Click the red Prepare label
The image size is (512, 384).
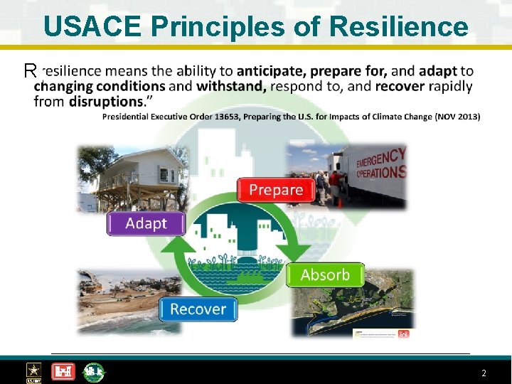point(276,190)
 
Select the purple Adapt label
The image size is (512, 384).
point(146,223)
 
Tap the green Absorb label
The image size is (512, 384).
point(325,274)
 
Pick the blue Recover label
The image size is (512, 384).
point(198,309)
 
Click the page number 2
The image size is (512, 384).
point(484,373)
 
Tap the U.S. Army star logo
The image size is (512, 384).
point(33,372)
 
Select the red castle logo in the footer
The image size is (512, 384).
point(63,372)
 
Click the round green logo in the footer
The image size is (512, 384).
point(93,372)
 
